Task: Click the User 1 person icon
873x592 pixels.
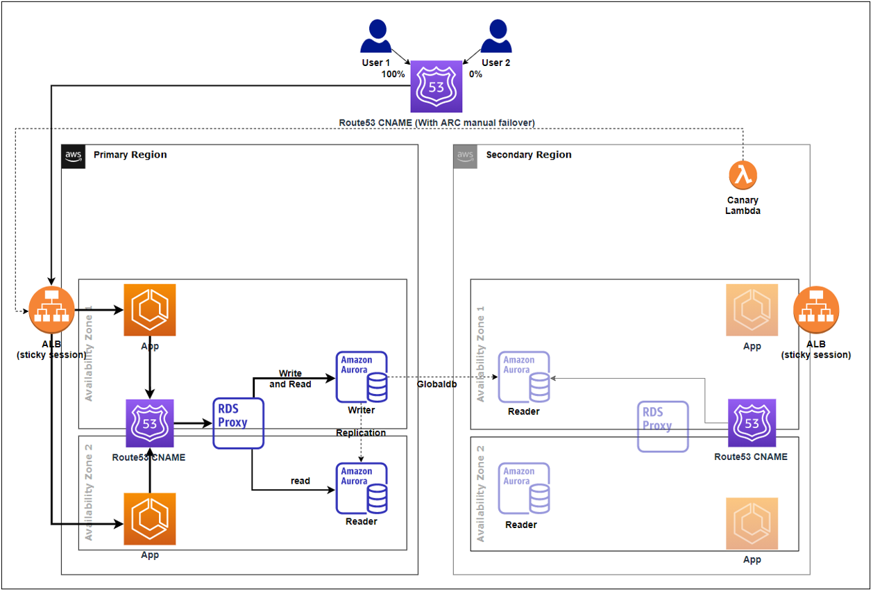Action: [x=376, y=36]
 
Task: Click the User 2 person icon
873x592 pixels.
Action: [x=496, y=36]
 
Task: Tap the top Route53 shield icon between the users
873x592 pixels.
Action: [x=436, y=86]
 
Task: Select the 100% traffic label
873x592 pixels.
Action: [x=393, y=74]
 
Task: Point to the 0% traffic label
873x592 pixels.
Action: [x=475, y=74]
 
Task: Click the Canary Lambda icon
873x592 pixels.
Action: [x=743, y=175]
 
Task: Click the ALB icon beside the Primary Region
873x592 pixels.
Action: [x=51, y=310]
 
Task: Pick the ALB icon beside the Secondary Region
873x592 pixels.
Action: [x=816, y=310]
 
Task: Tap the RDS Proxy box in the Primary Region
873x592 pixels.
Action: [x=239, y=423]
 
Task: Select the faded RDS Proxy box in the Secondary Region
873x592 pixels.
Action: [x=663, y=427]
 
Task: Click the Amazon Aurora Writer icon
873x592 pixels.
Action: [x=362, y=377]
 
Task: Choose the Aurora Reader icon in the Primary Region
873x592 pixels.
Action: [x=362, y=488]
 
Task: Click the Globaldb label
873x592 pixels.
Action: [x=437, y=384]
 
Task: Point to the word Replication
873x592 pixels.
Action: [x=361, y=433]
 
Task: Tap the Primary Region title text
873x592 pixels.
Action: [x=130, y=154]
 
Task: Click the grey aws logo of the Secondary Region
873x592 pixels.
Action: [x=466, y=156]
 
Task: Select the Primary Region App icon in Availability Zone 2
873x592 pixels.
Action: [x=150, y=519]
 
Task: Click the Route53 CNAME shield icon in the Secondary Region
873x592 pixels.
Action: [x=752, y=423]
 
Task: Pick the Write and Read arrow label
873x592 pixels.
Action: [x=290, y=379]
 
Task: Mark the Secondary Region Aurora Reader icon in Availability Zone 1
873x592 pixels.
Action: [x=524, y=377]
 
